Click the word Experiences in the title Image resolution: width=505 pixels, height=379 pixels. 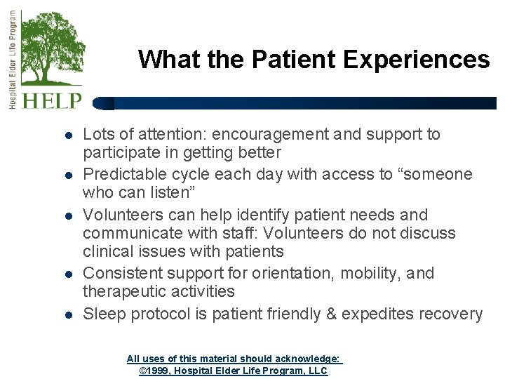(x=417, y=59)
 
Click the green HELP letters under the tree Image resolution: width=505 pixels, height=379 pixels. (x=52, y=100)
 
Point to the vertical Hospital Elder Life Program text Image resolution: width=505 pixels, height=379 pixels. (x=12, y=59)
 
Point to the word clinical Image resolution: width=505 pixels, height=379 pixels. (x=105, y=251)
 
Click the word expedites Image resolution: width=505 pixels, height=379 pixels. (x=379, y=314)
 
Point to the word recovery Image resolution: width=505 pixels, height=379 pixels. (x=454, y=314)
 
